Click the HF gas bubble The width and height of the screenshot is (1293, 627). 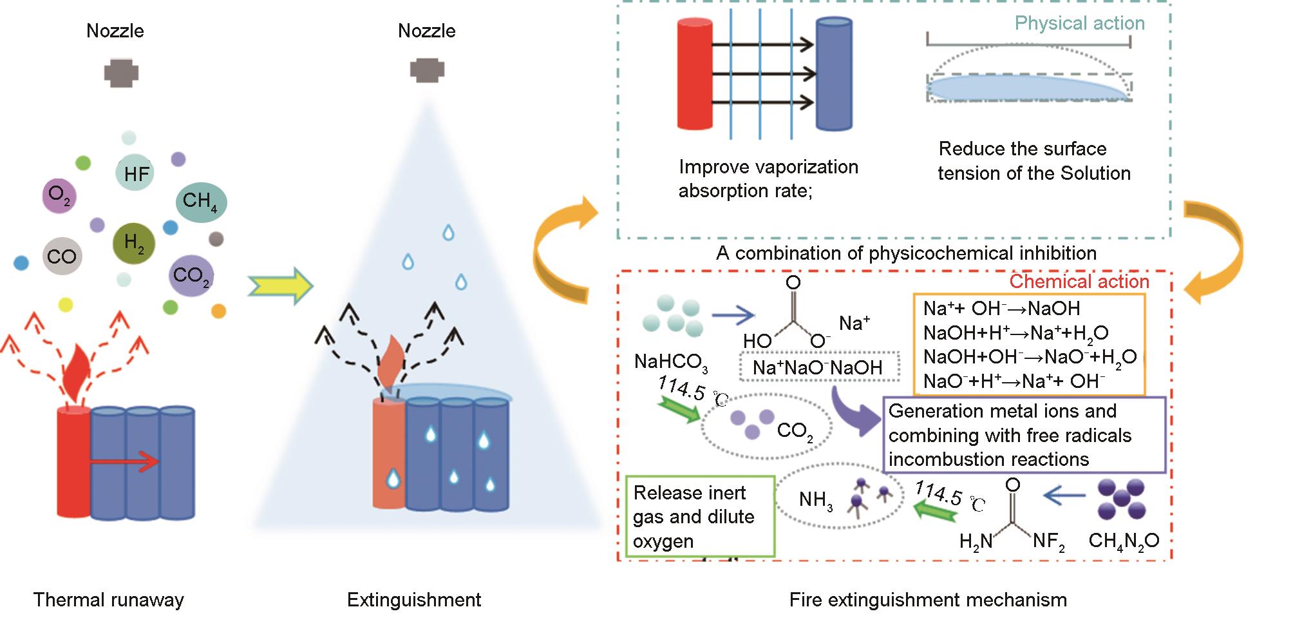[x=135, y=173]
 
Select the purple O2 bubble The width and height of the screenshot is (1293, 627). [x=59, y=196]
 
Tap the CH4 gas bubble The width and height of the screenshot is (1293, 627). [x=200, y=202]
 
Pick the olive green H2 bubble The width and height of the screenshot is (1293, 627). [x=134, y=244]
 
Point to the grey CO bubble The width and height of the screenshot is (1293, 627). [x=62, y=256]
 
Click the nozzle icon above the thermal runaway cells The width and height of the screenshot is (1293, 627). [x=121, y=73]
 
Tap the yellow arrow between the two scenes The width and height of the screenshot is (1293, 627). [x=280, y=285]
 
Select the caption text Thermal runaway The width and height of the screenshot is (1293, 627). [x=108, y=600]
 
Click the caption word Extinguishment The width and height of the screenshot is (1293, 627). [x=413, y=600]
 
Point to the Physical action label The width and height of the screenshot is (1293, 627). [x=1079, y=23]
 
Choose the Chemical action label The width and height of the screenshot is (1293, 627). [x=1079, y=282]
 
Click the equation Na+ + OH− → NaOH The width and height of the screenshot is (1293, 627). [x=1001, y=308]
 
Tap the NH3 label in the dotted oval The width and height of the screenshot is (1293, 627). [x=815, y=500]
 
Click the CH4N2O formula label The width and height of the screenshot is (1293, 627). [x=1124, y=541]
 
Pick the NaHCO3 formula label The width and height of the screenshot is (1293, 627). [x=671, y=362]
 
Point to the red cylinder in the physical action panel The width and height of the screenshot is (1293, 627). [x=695, y=74]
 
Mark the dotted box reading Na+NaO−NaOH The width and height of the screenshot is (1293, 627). [x=817, y=368]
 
